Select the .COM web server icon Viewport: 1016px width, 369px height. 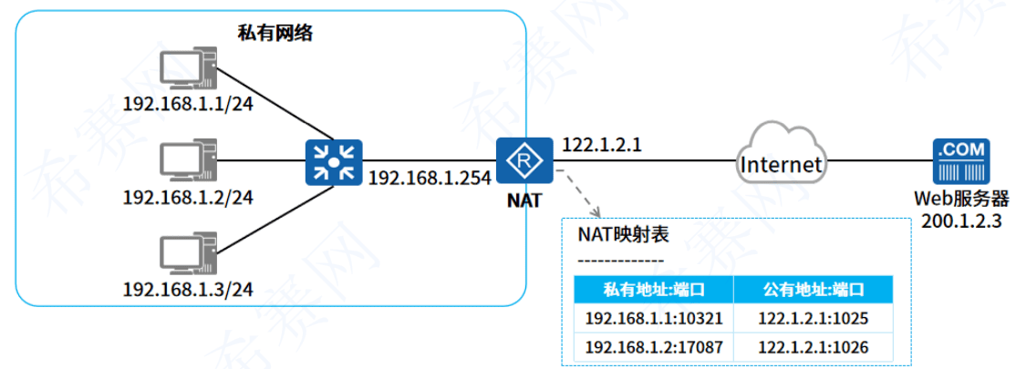click(960, 162)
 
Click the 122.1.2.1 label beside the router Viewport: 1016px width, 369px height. click(603, 144)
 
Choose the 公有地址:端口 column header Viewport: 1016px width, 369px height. click(813, 291)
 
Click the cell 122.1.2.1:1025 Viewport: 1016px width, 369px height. click(813, 319)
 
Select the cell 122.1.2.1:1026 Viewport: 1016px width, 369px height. click(813, 347)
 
